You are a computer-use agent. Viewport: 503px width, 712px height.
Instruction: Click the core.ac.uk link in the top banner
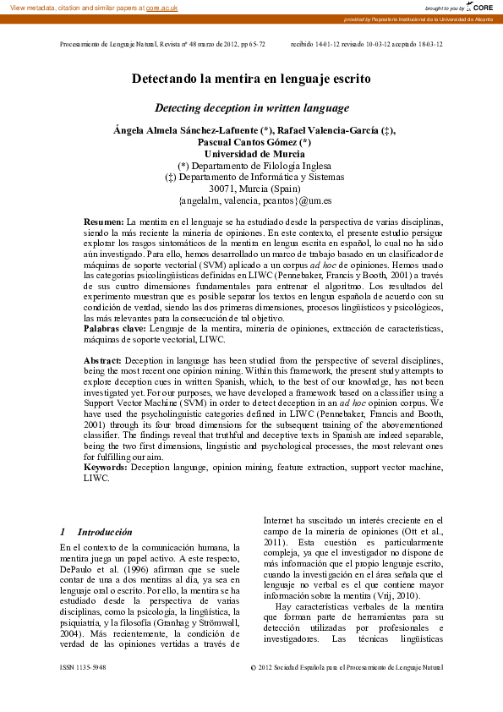(161, 7)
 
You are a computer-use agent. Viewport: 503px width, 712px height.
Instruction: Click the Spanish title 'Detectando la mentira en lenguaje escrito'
(251, 79)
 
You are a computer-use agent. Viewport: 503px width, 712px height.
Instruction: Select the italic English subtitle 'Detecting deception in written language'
(251, 108)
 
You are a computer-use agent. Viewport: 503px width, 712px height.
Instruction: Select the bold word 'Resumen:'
(103, 221)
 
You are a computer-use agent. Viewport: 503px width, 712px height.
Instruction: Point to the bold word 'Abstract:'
(102, 361)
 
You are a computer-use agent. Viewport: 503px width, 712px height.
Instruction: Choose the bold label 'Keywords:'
(105, 467)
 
